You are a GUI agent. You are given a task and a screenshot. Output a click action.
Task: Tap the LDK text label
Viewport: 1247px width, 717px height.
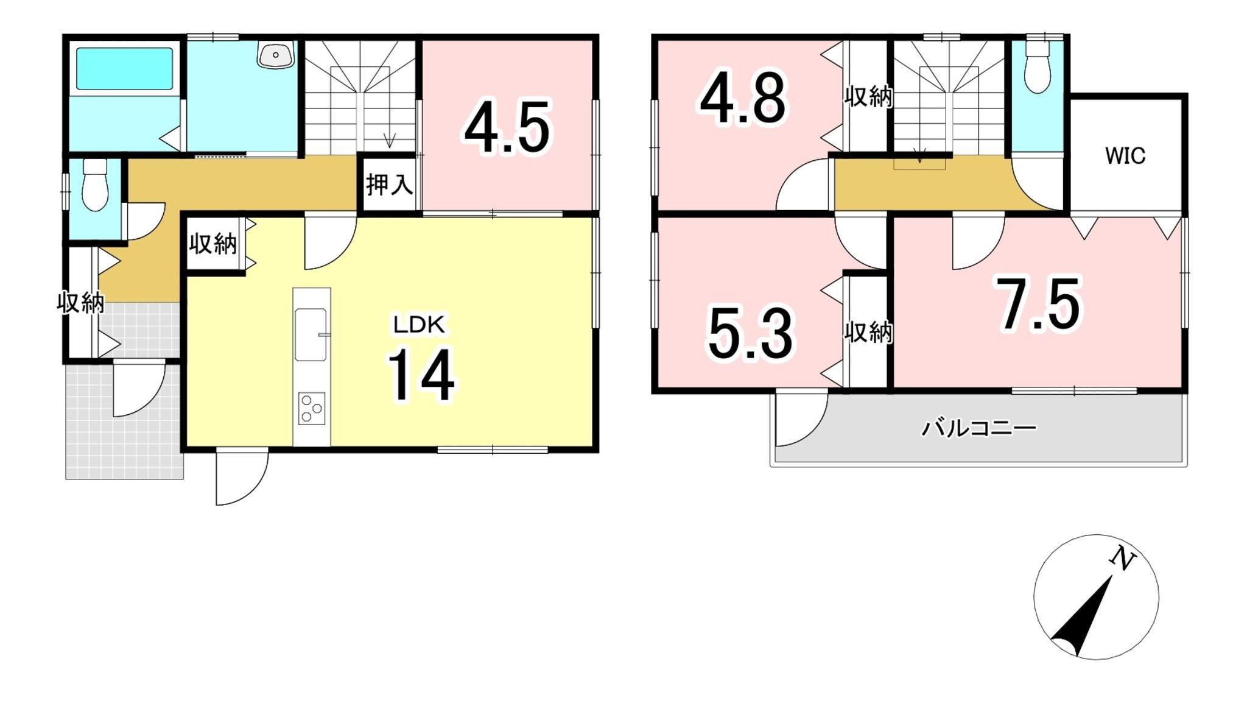(x=420, y=325)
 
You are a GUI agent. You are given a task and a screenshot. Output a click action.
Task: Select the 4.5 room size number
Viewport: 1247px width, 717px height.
(x=508, y=127)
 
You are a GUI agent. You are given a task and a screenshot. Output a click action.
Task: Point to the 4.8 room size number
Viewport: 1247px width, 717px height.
(x=743, y=97)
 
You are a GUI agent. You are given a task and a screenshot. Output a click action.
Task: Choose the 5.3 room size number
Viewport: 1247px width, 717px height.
(x=751, y=334)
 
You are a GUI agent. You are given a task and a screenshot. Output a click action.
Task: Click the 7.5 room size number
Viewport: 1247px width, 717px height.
(x=1038, y=303)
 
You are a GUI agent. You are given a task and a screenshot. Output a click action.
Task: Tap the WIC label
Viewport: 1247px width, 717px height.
(x=1125, y=156)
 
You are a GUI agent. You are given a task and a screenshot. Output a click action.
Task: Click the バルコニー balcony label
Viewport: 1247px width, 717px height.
(x=978, y=428)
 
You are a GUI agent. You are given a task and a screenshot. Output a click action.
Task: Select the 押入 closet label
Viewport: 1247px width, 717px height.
(x=390, y=184)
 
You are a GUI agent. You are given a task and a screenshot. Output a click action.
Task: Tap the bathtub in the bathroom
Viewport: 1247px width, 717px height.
(x=124, y=69)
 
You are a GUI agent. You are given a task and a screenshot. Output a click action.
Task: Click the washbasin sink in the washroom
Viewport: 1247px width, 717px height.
(x=276, y=55)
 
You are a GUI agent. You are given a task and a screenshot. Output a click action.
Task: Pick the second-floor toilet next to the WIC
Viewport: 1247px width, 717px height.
(x=1037, y=66)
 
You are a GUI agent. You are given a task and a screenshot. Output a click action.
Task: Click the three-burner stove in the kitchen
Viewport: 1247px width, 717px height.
(x=312, y=409)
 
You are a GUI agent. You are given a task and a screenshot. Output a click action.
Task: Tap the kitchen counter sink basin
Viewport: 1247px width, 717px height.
(x=311, y=335)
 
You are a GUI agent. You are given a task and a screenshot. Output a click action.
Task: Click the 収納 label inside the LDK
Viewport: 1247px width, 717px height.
(x=213, y=244)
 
